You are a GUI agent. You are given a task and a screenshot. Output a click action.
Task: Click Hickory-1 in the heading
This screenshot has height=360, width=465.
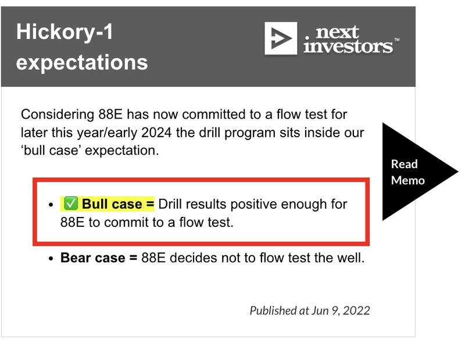click(65, 33)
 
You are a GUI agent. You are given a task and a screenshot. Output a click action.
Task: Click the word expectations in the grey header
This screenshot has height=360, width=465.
click(82, 62)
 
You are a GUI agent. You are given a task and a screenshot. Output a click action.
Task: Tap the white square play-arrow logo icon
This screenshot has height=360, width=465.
click(281, 38)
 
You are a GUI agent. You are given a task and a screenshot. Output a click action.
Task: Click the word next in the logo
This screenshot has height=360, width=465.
click(337, 32)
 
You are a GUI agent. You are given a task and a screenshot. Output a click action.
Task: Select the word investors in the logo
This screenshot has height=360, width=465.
click(348, 47)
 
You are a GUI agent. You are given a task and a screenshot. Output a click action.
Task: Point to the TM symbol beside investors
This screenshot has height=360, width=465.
click(397, 40)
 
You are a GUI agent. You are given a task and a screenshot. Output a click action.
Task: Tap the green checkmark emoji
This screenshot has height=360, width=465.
click(71, 204)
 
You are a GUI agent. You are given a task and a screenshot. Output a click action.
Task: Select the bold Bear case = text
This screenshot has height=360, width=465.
click(99, 258)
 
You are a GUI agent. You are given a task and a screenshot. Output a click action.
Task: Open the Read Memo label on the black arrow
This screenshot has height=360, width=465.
click(407, 172)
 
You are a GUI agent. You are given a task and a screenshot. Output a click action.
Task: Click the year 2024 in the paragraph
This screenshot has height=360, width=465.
click(156, 133)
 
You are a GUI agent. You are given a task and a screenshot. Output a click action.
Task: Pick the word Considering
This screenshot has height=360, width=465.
click(58, 115)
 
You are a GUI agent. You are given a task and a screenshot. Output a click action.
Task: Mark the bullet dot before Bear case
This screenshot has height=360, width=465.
click(51, 258)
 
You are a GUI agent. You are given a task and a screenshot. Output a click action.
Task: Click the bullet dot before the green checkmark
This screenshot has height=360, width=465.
click(51, 205)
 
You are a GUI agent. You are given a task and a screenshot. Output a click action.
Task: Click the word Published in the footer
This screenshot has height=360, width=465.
click(273, 311)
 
